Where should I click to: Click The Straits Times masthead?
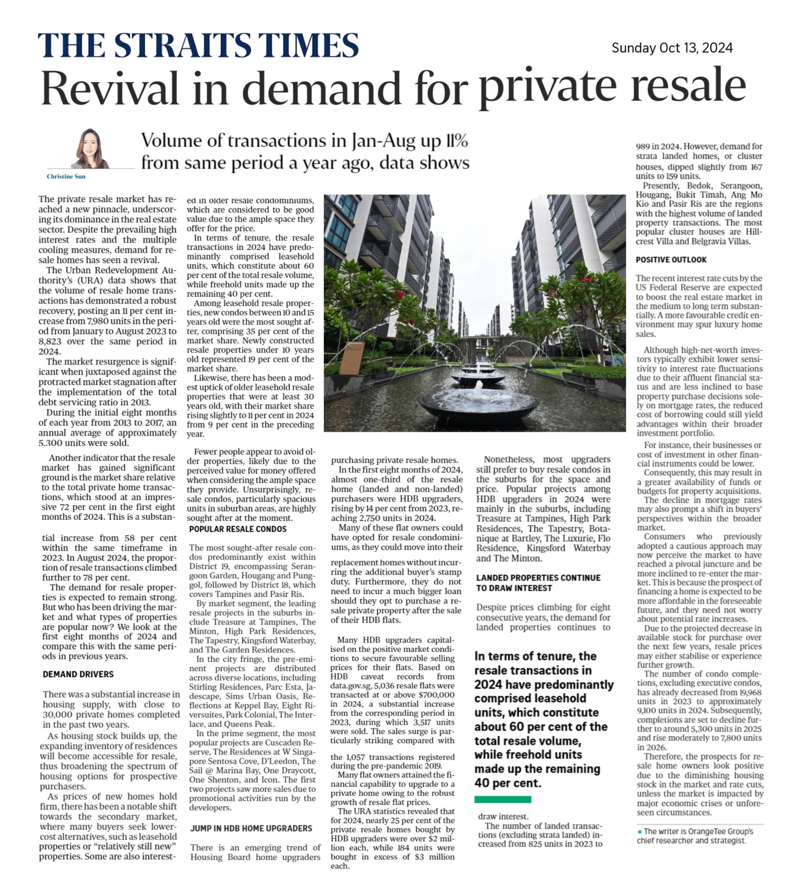tap(198, 45)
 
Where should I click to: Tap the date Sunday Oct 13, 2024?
tap(672, 48)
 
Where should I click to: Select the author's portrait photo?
tap(90, 148)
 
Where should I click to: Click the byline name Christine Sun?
tap(66, 177)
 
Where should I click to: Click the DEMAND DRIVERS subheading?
tap(78, 674)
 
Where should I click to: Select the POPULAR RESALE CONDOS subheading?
tap(238, 529)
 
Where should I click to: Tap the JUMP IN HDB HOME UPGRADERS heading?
tap(251, 828)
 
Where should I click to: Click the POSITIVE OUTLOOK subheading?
tap(671, 259)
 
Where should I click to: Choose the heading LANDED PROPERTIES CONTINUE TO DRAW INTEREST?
tap(538, 583)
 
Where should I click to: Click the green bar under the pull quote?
tap(503, 799)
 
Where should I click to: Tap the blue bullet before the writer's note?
tap(639, 831)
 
